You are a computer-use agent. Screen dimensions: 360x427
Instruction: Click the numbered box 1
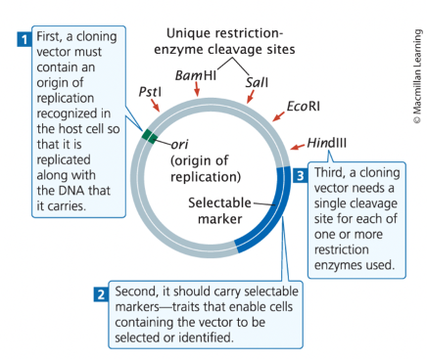coord(23,40)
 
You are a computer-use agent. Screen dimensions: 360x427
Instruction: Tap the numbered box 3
coord(302,175)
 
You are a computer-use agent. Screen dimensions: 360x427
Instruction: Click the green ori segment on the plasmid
coord(148,137)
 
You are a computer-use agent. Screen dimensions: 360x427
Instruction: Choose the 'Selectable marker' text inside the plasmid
coord(219,210)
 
